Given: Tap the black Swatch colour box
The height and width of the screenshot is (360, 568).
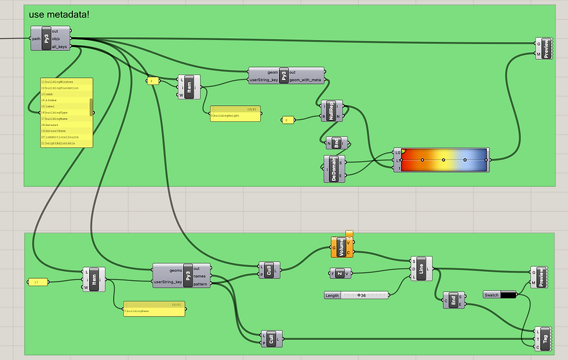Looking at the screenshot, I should point(508,295).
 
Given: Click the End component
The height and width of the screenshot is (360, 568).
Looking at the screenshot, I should point(453,300).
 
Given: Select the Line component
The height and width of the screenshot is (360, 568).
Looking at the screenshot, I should point(421,269).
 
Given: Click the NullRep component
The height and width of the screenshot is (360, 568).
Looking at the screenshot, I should point(332,111).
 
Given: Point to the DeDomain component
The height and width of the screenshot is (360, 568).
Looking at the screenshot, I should point(334,168).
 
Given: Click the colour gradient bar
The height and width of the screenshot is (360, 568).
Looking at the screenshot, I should point(444,159).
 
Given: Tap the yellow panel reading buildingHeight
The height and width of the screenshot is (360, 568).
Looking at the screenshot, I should point(235,114).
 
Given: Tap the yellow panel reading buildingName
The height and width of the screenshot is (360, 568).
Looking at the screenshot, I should point(154,310).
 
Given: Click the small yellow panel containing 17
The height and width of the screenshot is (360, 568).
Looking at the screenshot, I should point(37,282).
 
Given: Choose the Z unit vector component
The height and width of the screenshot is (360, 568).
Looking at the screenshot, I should point(340,274).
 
